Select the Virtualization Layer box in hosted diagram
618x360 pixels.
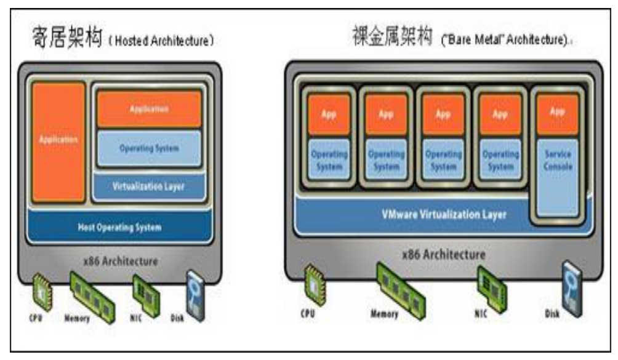(148, 185)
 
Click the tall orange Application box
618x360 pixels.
(58, 142)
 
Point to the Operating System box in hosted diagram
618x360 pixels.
(149, 148)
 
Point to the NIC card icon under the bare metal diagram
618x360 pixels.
(490, 283)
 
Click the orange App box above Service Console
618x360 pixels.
(556, 113)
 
